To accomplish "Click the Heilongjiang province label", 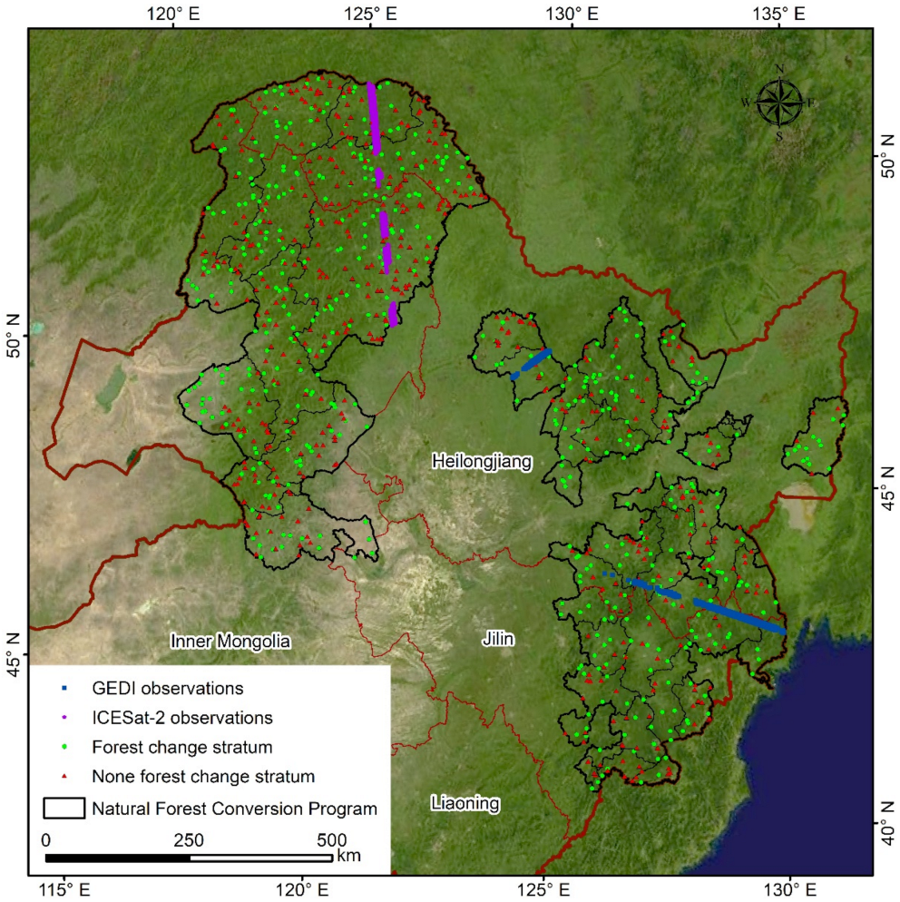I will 481,461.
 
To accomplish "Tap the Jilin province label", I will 498,640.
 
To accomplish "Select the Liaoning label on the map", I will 465,803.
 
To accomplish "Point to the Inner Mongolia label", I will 230,642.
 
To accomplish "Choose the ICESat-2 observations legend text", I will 182,717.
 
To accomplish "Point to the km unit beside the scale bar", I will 348,856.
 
